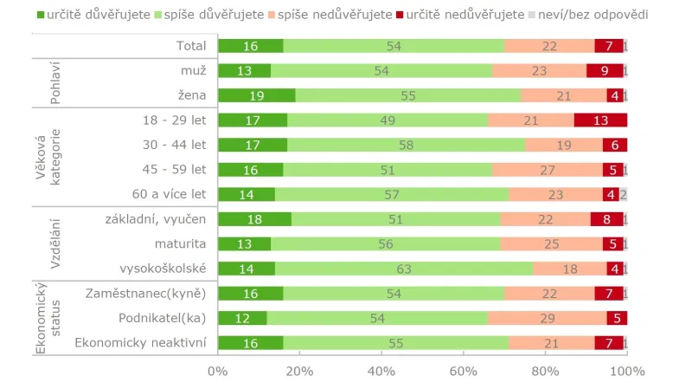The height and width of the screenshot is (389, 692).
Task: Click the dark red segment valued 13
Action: [600, 120]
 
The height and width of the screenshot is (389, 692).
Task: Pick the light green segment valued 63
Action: [403, 269]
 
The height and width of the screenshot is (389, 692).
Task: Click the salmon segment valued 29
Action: [548, 319]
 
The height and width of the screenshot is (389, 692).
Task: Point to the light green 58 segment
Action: [406, 146]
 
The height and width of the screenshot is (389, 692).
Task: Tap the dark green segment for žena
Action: [257, 96]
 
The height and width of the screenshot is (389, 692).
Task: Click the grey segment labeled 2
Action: [623, 195]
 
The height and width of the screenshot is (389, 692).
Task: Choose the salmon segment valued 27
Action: [548, 170]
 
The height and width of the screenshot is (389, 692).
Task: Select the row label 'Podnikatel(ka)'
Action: [160, 319]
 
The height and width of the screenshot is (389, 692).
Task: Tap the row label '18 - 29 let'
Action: [175, 120]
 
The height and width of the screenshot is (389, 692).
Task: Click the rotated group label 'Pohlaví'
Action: [54, 83]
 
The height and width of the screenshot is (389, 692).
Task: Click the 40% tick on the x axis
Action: [381, 372]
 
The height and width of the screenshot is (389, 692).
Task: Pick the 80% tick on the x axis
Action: [545, 372]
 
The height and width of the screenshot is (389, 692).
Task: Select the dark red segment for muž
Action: [604, 71]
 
